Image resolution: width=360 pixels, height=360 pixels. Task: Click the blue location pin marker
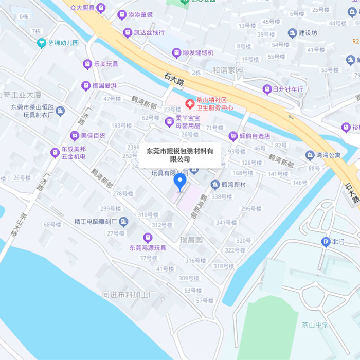179,182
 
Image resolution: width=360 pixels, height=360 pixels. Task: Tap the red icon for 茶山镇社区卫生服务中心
190,104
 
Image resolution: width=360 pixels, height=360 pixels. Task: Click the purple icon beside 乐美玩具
87,64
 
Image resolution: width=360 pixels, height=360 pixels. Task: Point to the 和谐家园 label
228,70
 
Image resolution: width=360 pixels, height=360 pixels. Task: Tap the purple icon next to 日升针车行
267,89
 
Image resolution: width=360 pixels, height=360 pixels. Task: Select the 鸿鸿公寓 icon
310,155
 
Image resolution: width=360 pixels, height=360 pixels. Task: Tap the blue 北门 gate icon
326,242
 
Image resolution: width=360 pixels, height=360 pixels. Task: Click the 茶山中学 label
315,325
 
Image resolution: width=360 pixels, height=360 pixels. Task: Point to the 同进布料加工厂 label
129,295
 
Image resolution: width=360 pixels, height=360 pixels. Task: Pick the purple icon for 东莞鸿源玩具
148,237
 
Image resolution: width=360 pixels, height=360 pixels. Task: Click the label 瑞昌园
192,241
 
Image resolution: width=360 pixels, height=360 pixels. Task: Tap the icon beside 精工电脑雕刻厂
123,222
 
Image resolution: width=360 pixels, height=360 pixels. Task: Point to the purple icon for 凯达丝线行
128,33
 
